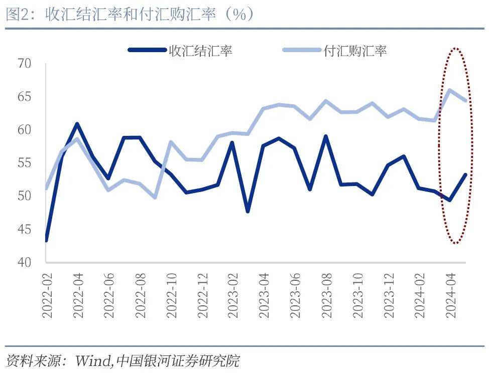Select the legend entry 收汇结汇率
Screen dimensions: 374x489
point(200,50)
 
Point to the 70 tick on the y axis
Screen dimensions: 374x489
point(24,64)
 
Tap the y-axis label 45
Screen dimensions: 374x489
point(24,229)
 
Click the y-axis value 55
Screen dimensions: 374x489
point(24,163)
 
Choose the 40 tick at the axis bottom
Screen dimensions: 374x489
point(24,262)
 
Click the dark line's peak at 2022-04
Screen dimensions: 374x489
point(76,123)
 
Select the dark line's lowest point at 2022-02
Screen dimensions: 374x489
point(46,240)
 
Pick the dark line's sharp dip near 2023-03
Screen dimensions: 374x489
point(248,211)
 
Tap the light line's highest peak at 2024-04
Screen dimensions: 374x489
point(450,90)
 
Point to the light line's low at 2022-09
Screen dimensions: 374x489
point(155,197)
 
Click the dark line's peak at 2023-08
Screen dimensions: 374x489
point(326,136)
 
